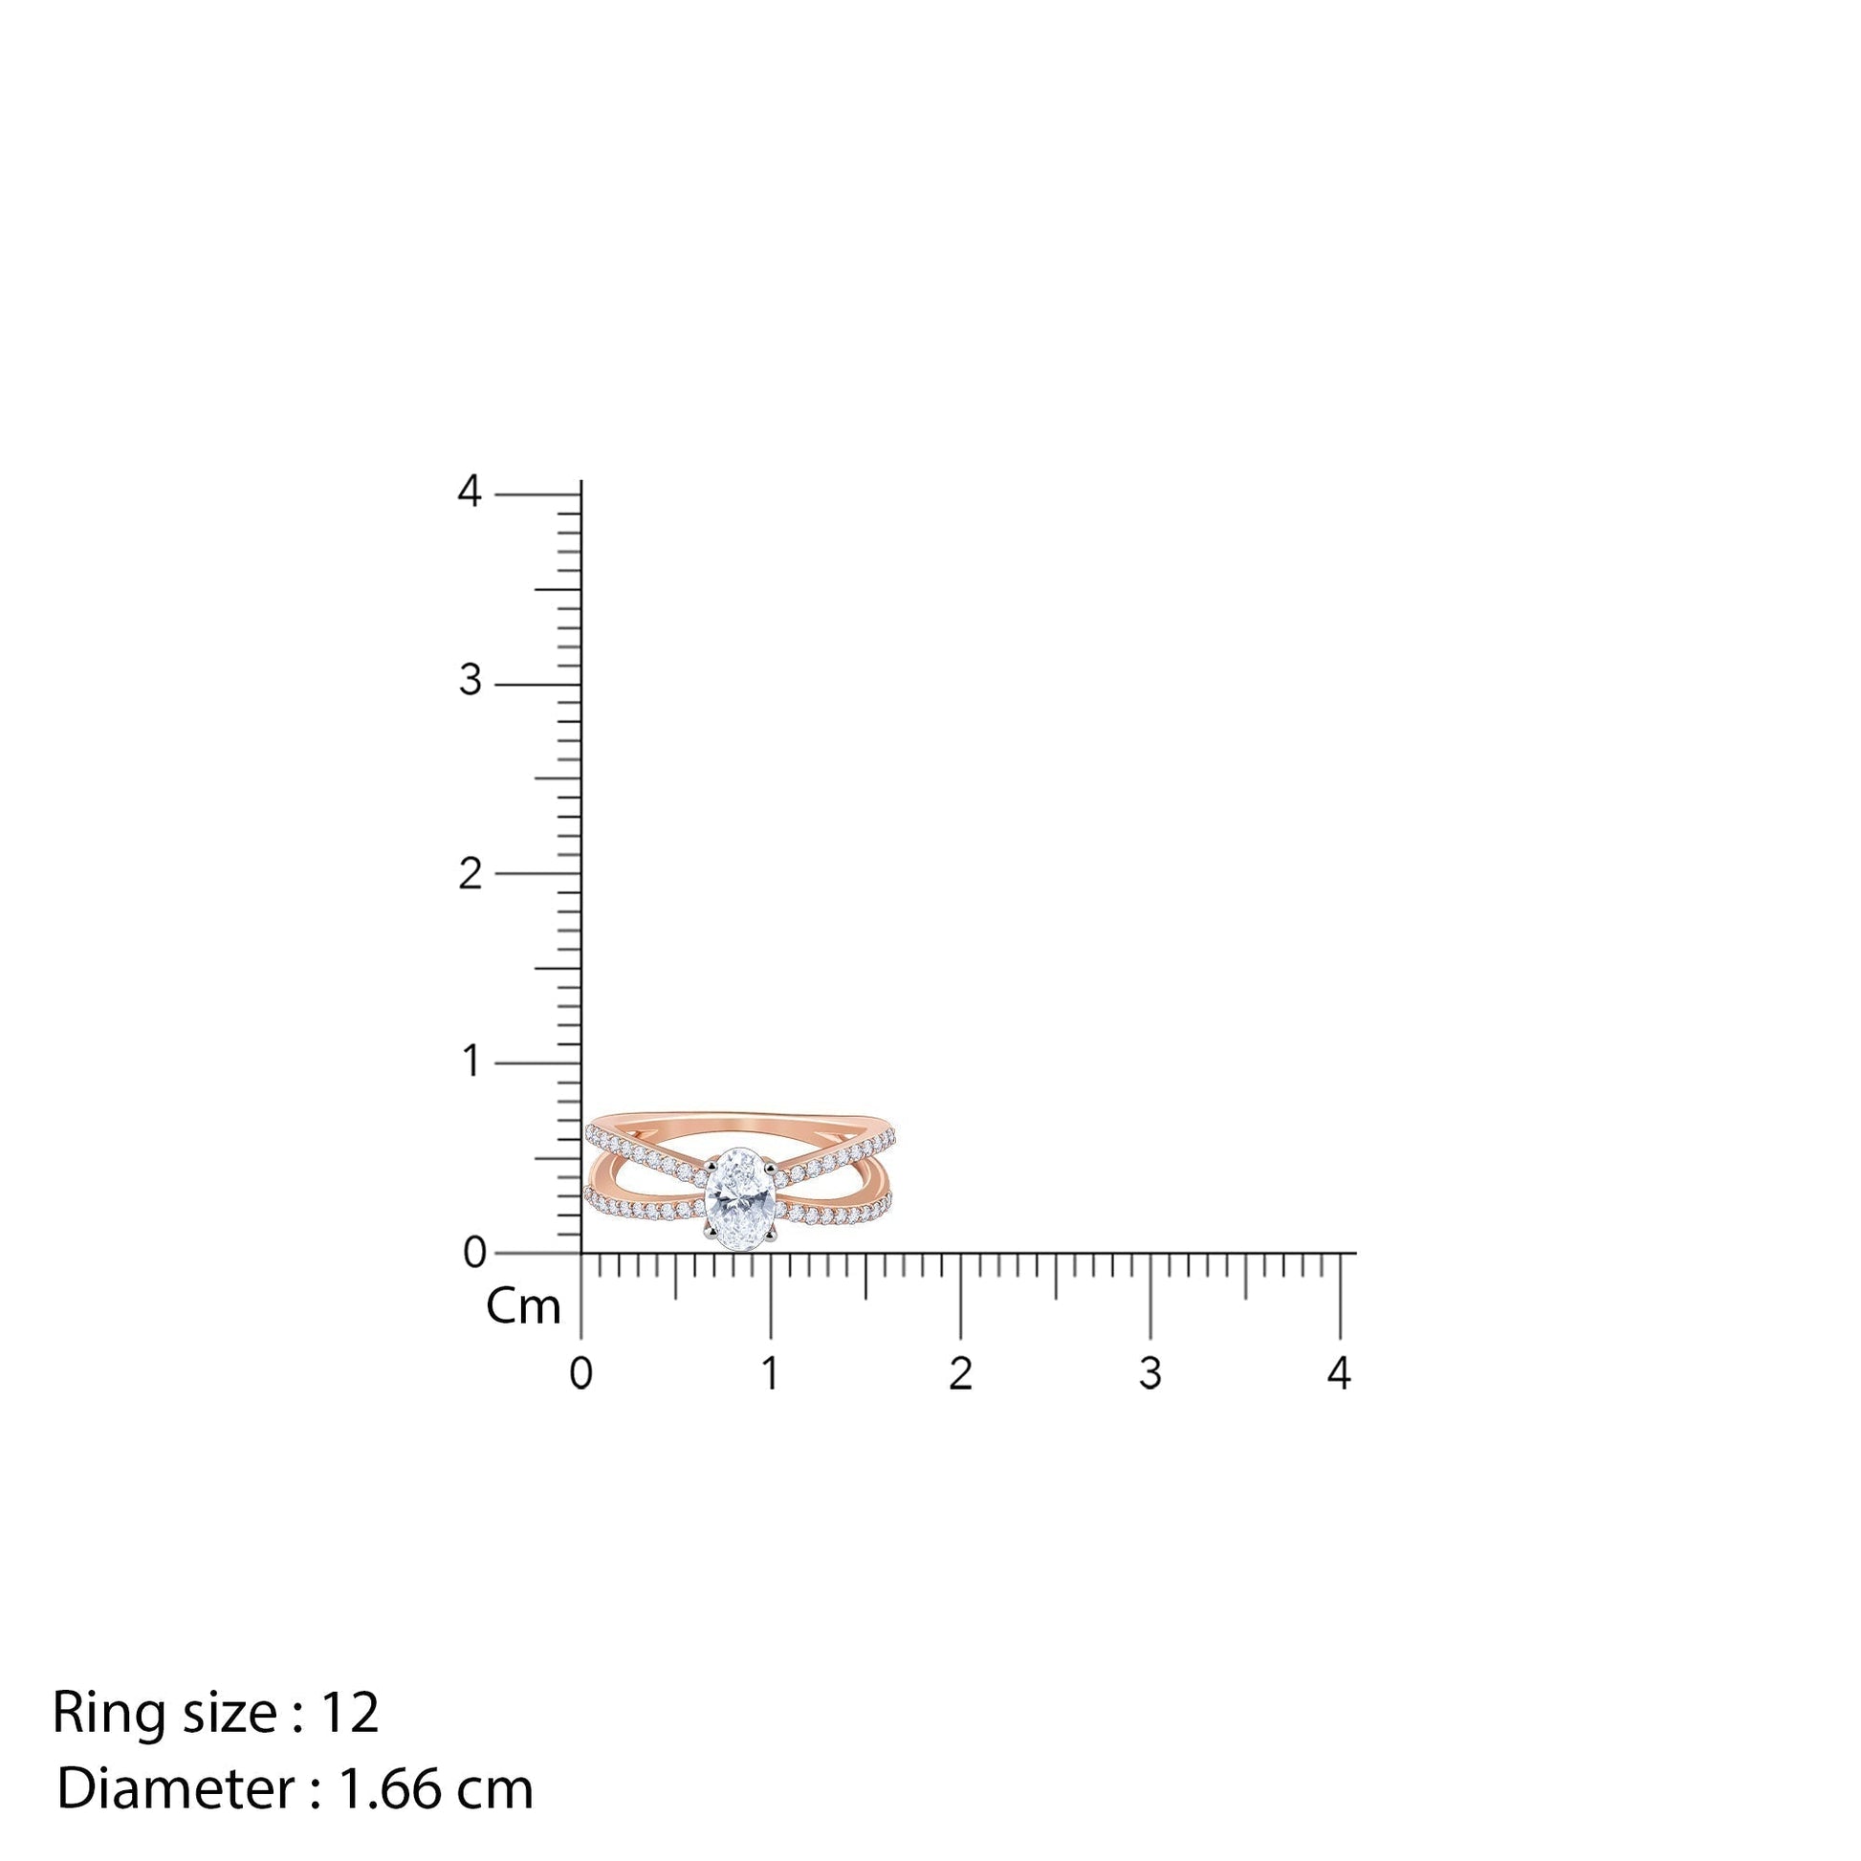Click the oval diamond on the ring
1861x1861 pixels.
[x=741, y=1198]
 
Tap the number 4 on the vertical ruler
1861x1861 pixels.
[x=470, y=492]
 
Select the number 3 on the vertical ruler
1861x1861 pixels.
[x=471, y=681]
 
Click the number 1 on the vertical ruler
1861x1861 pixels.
[x=472, y=1062]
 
